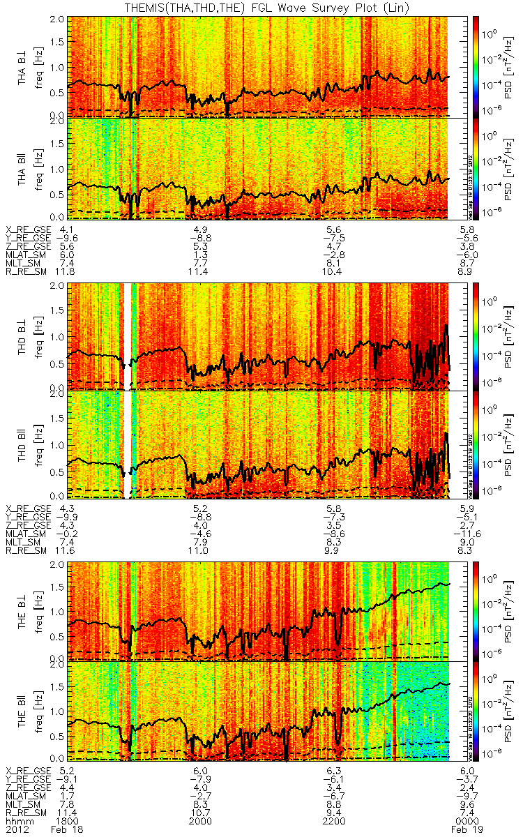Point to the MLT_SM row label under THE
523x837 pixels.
[24, 804]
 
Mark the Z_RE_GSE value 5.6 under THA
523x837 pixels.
[68, 246]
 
